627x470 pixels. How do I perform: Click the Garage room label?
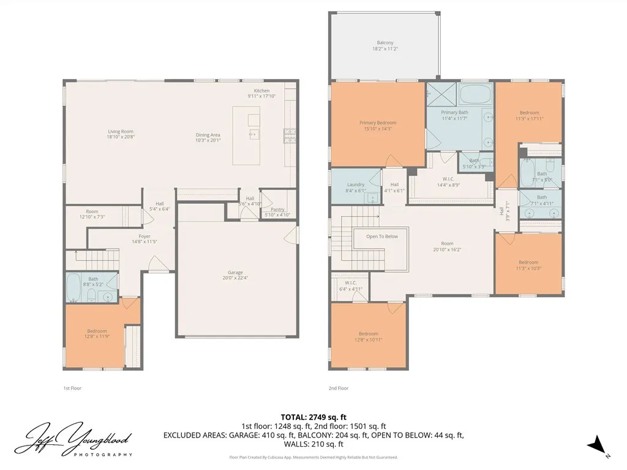[236, 272]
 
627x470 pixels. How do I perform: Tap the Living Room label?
[121, 132]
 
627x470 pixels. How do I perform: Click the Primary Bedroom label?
[378, 123]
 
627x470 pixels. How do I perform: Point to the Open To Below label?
[382, 236]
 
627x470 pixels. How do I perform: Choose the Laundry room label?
[356, 185]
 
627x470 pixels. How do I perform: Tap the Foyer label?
[144, 236]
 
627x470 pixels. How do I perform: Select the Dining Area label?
[208, 135]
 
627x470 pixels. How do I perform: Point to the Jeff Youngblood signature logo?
[73, 439]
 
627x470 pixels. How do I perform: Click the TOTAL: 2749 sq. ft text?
[313, 417]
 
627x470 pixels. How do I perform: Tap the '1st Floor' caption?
[72, 388]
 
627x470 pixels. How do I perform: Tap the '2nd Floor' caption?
[339, 388]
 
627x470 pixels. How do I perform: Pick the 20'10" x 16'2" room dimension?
[448, 249]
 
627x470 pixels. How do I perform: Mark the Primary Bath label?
[455, 112]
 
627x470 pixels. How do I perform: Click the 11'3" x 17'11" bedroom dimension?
[530, 118]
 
